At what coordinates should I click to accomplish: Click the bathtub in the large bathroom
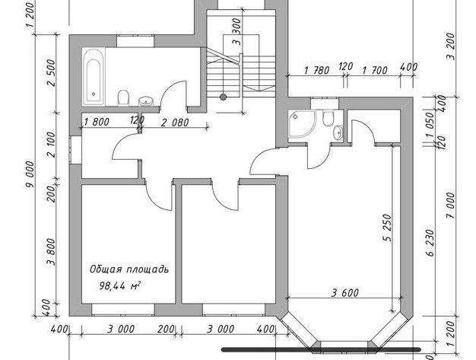pyautogui.click(x=94, y=77)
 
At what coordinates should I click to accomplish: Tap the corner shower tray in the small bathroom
pyautogui.click(x=300, y=124)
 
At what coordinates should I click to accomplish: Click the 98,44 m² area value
pyautogui.click(x=120, y=285)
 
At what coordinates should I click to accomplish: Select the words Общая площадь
pyautogui.click(x=129, y=269)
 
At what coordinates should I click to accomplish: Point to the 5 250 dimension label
pyautogui.click(x=387, y=228)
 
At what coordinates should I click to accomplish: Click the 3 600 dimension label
pyautogui.click(x=345, y=293)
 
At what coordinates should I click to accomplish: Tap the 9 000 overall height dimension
pyautogui.click(x=31, y=174)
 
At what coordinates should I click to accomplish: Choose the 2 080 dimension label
pyautogui.click(x=175, y=123)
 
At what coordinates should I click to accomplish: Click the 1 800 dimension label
pyautogui.click(x=97, y=122)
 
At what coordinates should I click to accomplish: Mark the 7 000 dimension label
pyautogui.click(x=451, y=205)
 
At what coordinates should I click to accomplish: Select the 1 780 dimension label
pyautogui.click(x=317, y=71)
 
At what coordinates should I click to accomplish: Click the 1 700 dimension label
pyautogui.click(x=375, y=71)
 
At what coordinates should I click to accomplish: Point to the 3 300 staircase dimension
pyautogui.click(x=236, y=32)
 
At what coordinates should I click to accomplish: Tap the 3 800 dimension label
pyautogui.click(x=51, y=252)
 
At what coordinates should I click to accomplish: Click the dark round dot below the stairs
pyautogui.click(x=223, y=97)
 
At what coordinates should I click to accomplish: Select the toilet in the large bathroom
pyautogui.click(x=123, y=97)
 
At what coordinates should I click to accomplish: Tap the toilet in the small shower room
pyautogui.click(x=328, y=119)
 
